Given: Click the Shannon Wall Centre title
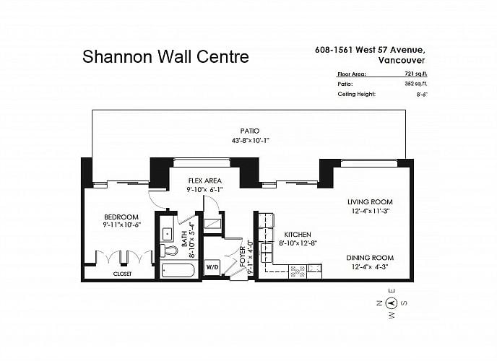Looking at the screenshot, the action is [x=165, y=57].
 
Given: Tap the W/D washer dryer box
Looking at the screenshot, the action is [x=212, y=267].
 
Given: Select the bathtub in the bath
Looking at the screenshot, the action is [x=178, y=271].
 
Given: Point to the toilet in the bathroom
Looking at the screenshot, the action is [x=168, y=251].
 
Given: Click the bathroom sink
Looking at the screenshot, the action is [x=167, y=234].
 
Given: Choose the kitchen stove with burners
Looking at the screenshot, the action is [x=298, y=271].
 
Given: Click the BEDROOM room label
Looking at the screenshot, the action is [x=121, y=217].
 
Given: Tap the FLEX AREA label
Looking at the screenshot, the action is [x=204, y=180].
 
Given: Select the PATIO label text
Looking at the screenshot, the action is [x=250, y=131].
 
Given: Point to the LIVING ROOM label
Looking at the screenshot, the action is [x=370, y=201].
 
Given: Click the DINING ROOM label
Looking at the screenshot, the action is [x=370, y=258].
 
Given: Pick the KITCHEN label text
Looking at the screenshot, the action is [x=298, y=235].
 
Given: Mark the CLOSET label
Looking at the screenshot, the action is [x=122, y=274].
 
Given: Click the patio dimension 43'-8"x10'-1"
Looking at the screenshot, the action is [x=250, y=140].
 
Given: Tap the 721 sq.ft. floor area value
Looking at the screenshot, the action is [x=416, y=74].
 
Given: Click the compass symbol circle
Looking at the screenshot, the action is [x=392, y=303].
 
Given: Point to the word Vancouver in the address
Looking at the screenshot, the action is [x=402, y=60].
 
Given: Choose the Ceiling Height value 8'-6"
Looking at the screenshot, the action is [x=422, y=95].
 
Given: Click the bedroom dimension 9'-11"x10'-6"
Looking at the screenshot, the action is [x=121, y=225].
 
